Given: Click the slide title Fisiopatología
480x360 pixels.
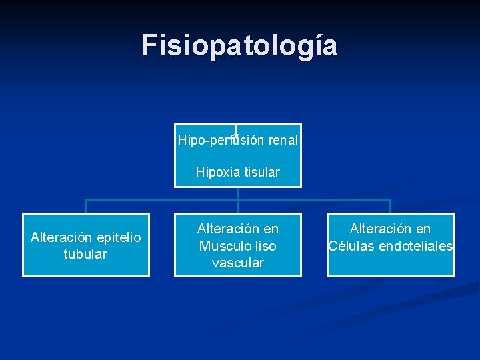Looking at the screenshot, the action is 239,45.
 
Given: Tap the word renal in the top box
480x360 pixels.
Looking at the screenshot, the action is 283,141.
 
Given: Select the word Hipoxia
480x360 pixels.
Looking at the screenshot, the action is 216,172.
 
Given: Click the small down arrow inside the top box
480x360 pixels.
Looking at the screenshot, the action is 237,133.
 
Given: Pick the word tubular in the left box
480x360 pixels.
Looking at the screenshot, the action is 85,254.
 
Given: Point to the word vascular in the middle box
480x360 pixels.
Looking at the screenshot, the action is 238,263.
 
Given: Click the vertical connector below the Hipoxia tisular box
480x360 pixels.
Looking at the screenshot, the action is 238,194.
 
